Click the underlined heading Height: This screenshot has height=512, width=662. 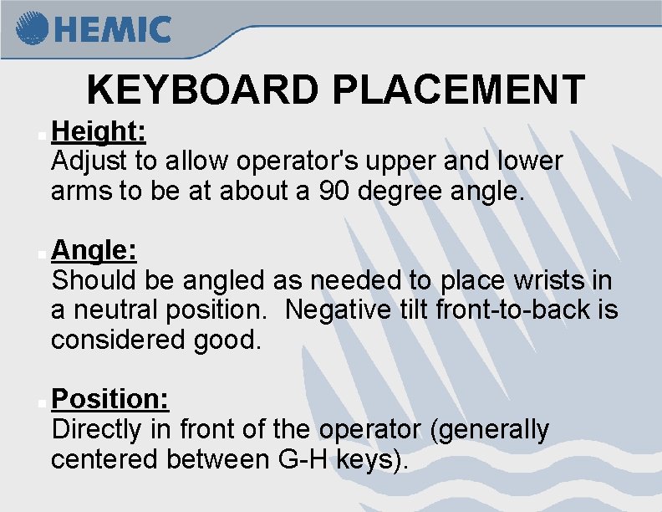point(99,131)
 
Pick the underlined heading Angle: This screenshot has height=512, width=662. point(94,249)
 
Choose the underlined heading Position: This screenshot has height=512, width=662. point(110,399)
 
